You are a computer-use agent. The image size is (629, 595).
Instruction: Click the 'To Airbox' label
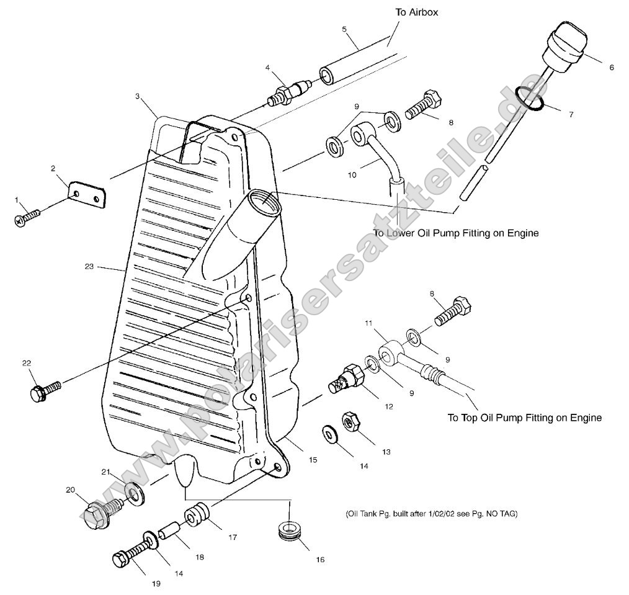[416, 12]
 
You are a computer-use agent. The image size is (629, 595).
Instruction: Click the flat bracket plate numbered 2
[87, 194]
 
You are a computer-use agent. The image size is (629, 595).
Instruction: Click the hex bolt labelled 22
[44, 391]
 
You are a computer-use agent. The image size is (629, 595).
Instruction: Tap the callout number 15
[313, 460]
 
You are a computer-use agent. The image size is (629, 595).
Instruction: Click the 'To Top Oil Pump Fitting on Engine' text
[524, 418]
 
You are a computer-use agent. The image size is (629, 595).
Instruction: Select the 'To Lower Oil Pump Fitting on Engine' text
[455, 233]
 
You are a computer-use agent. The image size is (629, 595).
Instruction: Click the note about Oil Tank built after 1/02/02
[430, 514]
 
